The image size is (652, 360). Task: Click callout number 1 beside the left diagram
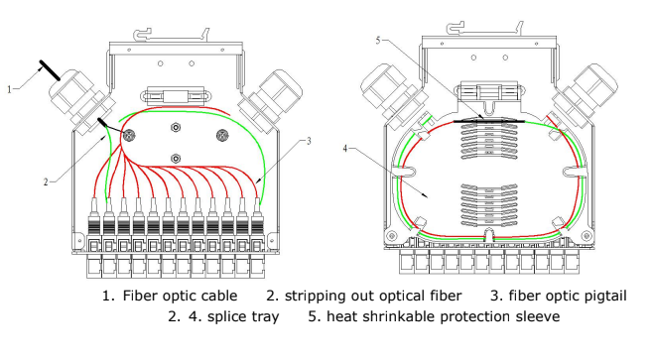tap(10, 89)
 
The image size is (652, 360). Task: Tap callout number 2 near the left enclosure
tap(47, 182)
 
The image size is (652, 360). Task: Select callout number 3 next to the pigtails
tap(309, 142)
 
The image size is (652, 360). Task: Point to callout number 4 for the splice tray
tap(344, 149)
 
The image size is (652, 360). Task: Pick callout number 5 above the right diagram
tap(378, 41)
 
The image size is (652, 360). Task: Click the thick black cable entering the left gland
tap(50, 70)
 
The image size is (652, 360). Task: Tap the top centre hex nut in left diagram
tap(176, 127)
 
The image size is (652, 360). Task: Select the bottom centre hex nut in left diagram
tap(176, 159)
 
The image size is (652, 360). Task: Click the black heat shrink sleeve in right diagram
tap(489, 121)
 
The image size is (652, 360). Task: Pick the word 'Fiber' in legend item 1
tap(140, 296)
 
